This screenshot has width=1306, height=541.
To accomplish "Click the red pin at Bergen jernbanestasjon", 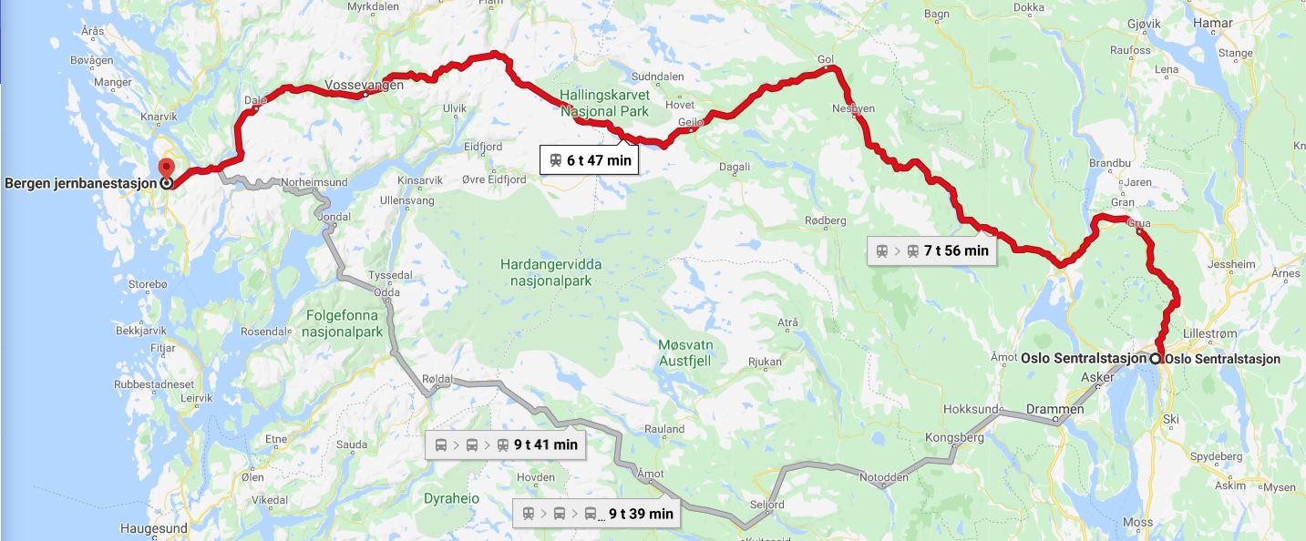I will (x=166, y=168).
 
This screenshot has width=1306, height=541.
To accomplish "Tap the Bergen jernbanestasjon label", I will (x=80, y=183).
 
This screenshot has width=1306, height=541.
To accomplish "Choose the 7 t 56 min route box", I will (x=931, y=250).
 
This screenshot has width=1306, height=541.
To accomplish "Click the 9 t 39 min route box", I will (x=598, y=514).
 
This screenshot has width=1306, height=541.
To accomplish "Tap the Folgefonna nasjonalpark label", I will (x=343, y=324).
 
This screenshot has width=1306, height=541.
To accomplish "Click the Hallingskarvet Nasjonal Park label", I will (x=604, y=104).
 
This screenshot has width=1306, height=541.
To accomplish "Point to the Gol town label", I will (x=826, y=60).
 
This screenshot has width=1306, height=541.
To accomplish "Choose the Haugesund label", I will (x=153, y=528).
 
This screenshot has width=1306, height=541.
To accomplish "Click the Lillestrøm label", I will (x=1210, y=333).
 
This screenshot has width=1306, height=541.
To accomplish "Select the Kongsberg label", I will (x=954, y=437).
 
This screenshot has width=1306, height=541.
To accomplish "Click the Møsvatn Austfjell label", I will (x=684, y=352).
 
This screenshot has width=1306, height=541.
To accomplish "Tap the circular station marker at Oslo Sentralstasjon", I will (x=1156, y=359).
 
